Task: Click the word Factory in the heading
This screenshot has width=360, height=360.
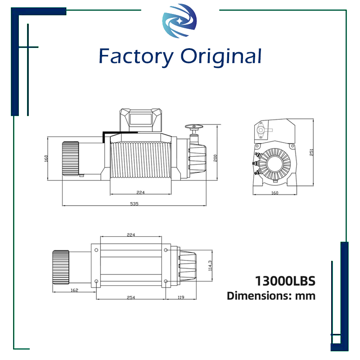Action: click(x=136, y=57)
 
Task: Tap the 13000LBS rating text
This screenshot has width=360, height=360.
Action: click(x=285, y=281)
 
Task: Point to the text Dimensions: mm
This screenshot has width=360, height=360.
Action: click(x=271, y=296)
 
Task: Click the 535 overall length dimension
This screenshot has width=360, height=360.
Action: click(x=134, y=203)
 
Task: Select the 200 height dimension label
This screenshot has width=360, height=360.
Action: click(x=215, y=157)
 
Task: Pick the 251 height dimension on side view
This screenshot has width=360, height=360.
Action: click(x=311, y=152)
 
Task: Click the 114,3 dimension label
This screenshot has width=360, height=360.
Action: click(x=210, y=266)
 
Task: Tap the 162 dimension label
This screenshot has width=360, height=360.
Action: click(x=74, y=290)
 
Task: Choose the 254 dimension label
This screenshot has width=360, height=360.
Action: click(x=130, y=297)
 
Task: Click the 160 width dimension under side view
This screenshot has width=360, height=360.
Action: click(x=275, y=193)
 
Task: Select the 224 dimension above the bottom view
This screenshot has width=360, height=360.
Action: click(x=131, y=235)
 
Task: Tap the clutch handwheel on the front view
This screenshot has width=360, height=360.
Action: click(x=194, y=127)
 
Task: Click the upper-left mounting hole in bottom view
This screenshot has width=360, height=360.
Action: click(x=96, y=250)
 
